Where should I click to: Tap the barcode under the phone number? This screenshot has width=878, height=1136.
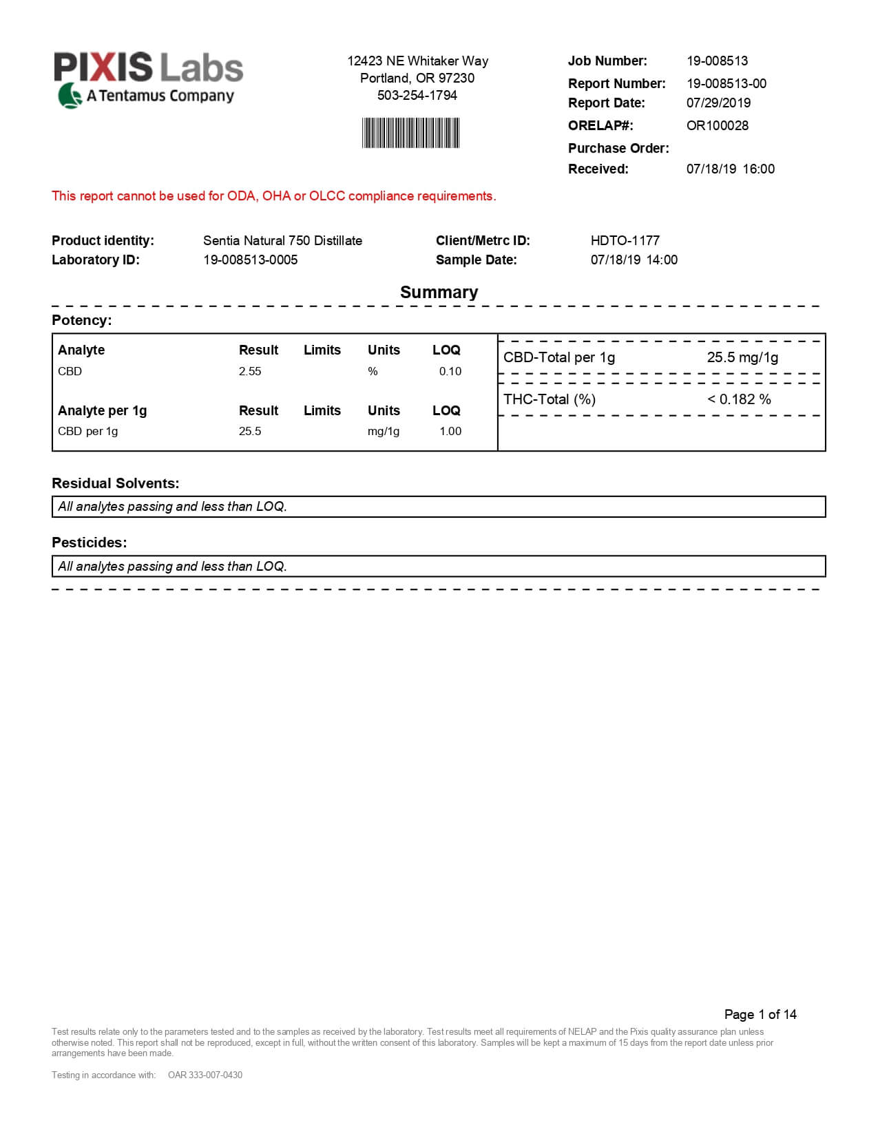point(410,133)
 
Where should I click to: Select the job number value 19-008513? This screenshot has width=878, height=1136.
point(717,61)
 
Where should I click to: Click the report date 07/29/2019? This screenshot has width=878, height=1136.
point(718,103)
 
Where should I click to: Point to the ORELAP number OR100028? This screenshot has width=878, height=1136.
point(717,125)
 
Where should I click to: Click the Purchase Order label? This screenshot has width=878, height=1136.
point(618,148)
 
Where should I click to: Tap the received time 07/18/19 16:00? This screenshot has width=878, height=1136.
point(730,169)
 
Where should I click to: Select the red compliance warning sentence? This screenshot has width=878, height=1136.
point(273,196)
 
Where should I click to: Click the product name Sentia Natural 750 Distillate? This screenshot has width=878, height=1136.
point(282,240)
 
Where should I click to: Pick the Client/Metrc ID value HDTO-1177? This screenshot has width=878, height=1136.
point(625,240)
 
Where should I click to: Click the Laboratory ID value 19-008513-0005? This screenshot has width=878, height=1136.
point(250,260)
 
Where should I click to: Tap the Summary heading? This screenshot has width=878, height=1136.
point(439,292)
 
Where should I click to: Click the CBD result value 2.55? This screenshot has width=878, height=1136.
point(250,371)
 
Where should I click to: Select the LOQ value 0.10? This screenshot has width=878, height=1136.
point(450,371)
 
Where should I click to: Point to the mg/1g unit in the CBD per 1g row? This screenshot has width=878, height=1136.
point(384,431)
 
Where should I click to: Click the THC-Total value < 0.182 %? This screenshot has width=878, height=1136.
point(739,399)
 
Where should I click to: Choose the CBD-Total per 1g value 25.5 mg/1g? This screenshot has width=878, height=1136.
point(742,357)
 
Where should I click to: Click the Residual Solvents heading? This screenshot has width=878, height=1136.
point(115,483)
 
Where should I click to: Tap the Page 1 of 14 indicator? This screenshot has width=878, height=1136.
point(760,1014)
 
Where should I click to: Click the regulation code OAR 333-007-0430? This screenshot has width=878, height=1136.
point(205,1075)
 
